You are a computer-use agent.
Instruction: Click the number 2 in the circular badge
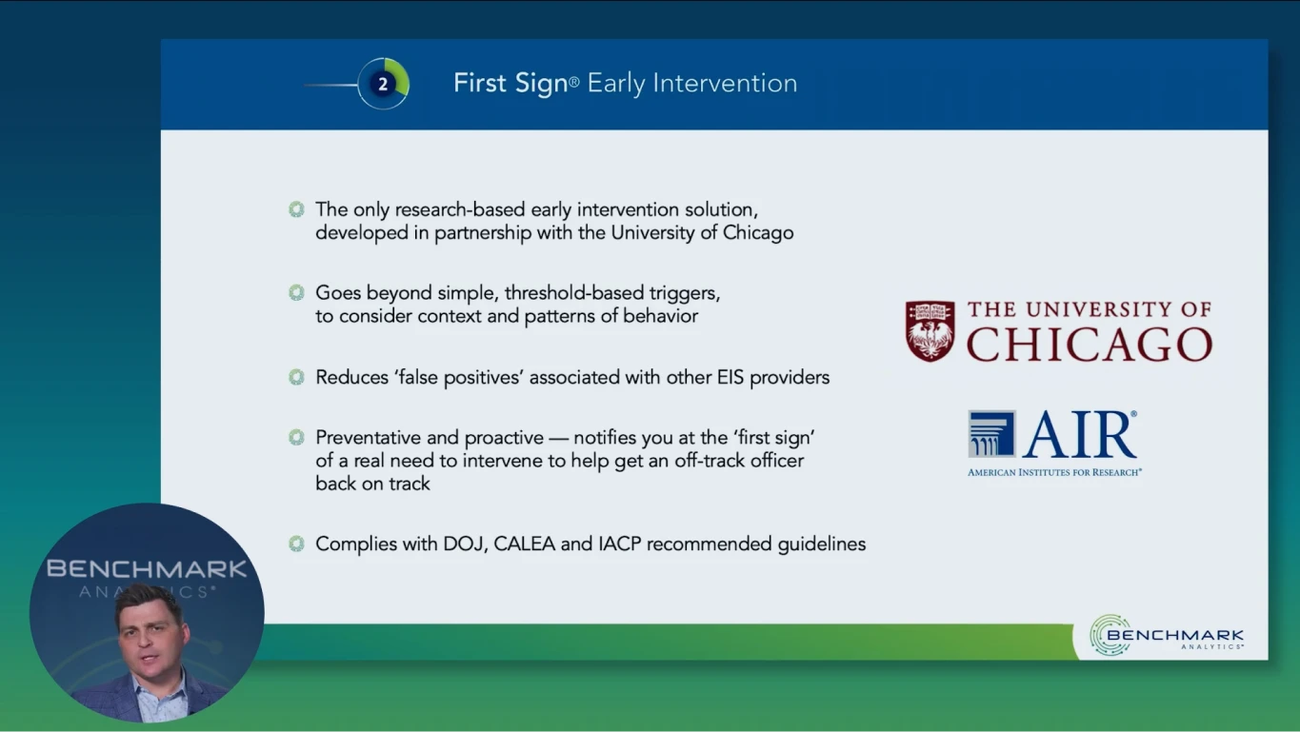pos(383,85)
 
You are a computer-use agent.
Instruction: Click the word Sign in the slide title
pos(541,84)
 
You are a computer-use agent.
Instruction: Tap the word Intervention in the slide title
pos(725,83)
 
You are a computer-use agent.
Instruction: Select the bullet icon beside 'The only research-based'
pos(296,209)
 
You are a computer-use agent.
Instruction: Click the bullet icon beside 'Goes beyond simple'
pos(296,292)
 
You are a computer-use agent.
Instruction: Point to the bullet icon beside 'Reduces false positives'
pos(296,377)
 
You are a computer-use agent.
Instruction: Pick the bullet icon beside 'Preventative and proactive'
pos(296,437)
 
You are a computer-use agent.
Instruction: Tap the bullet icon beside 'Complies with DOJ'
pos(296,544)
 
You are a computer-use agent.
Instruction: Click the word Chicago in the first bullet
pos(758,233)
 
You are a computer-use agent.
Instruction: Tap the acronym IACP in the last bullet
pos(620,544)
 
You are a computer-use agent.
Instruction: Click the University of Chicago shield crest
pos(930,331)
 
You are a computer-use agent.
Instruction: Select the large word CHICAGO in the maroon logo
pos(1090,345)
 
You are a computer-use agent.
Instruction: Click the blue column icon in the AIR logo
pos(991,434)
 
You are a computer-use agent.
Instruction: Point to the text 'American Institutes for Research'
pos(1054,472)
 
